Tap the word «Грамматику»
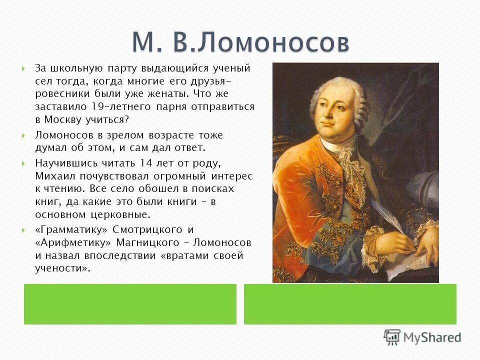(70, 229)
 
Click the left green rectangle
(130, 304)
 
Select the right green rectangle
(350, 304)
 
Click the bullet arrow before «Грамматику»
(23, 230)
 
